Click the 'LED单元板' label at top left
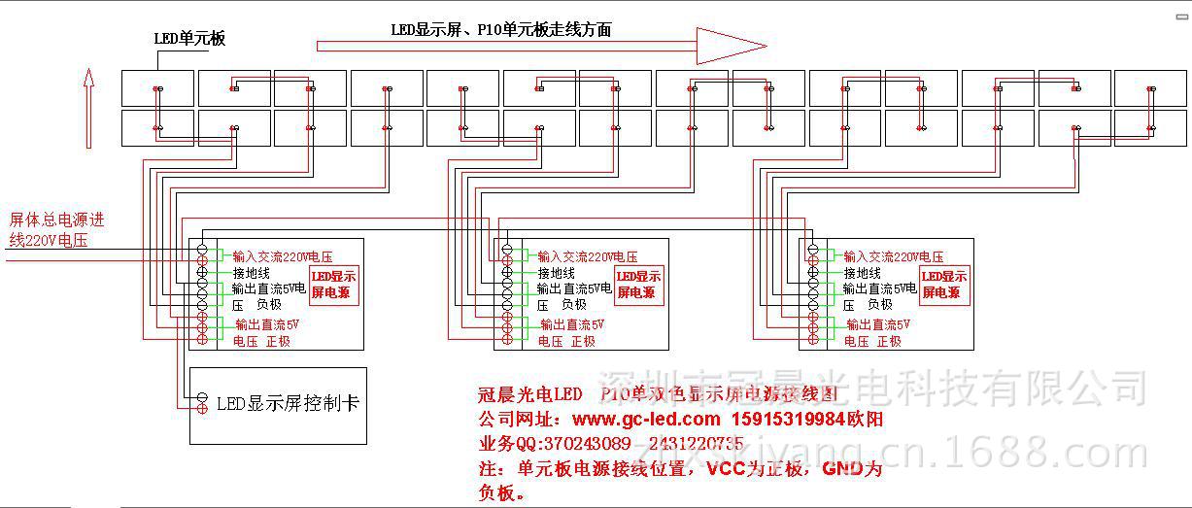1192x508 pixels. click(x=189, y=39)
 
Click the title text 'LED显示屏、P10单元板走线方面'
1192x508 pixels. click(x=501, y=30)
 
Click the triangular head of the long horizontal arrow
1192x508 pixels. click(x=729, y=45)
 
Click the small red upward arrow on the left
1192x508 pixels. click(x=88, y=107)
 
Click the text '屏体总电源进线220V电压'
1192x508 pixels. click(x=56, y=229)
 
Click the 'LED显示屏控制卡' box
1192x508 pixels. click(x=278, y=404)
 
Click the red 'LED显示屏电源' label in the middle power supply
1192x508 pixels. click(x=639, y=285)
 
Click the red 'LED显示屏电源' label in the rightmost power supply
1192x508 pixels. click(x=944, y=285)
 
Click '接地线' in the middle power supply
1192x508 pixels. click(x=557, y=274)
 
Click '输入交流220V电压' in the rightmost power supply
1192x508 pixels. click(x=893, y=256)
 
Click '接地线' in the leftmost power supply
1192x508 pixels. click(x=252, y=274)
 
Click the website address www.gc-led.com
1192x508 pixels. click(x=646, y=420)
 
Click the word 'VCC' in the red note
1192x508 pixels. click(x=727, y=468)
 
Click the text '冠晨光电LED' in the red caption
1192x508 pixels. click(x=530, y=394)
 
